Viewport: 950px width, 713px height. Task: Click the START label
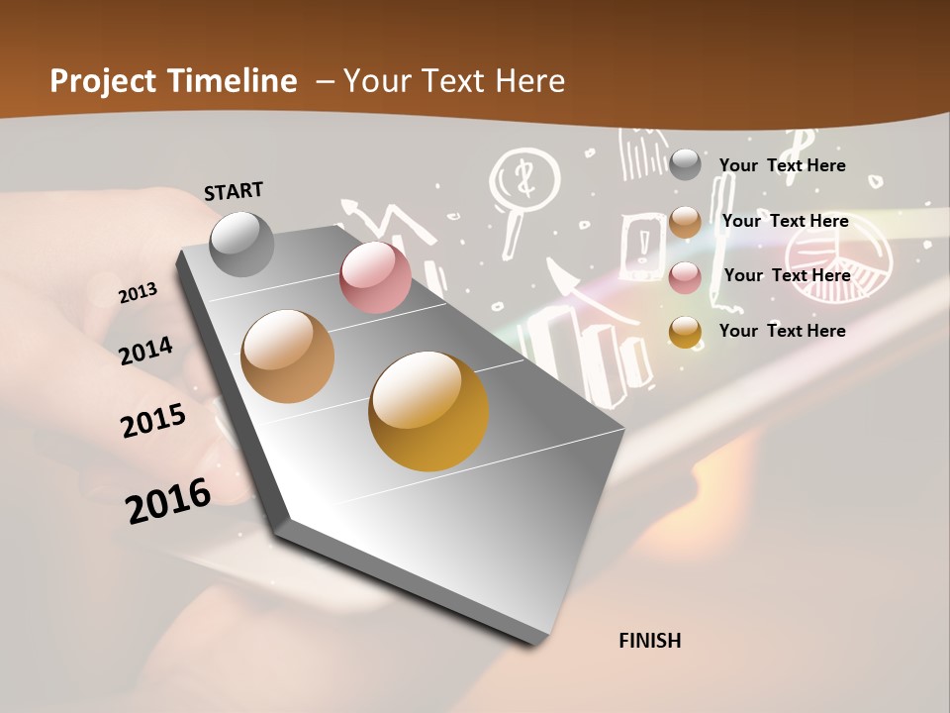[234, 191]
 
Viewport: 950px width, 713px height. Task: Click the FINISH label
[649, 641]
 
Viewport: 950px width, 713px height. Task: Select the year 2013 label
[138, 293]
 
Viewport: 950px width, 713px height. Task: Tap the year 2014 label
[145, 351]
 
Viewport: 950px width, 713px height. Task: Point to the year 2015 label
[153, 420]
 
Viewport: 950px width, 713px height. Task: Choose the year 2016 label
[168, 501]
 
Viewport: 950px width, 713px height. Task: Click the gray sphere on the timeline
[241, 244]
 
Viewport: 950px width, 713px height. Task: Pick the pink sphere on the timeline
[375, 277]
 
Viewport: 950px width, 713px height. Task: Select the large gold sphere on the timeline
[428, 410]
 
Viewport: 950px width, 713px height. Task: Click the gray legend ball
[685, 165]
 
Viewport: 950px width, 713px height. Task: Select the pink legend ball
[685, 276]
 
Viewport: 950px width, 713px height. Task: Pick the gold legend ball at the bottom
[685, 332]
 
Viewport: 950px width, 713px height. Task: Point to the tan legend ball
[685, 222]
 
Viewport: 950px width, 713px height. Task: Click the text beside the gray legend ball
[782, 165]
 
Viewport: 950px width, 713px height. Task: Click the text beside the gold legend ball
[782, 331]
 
